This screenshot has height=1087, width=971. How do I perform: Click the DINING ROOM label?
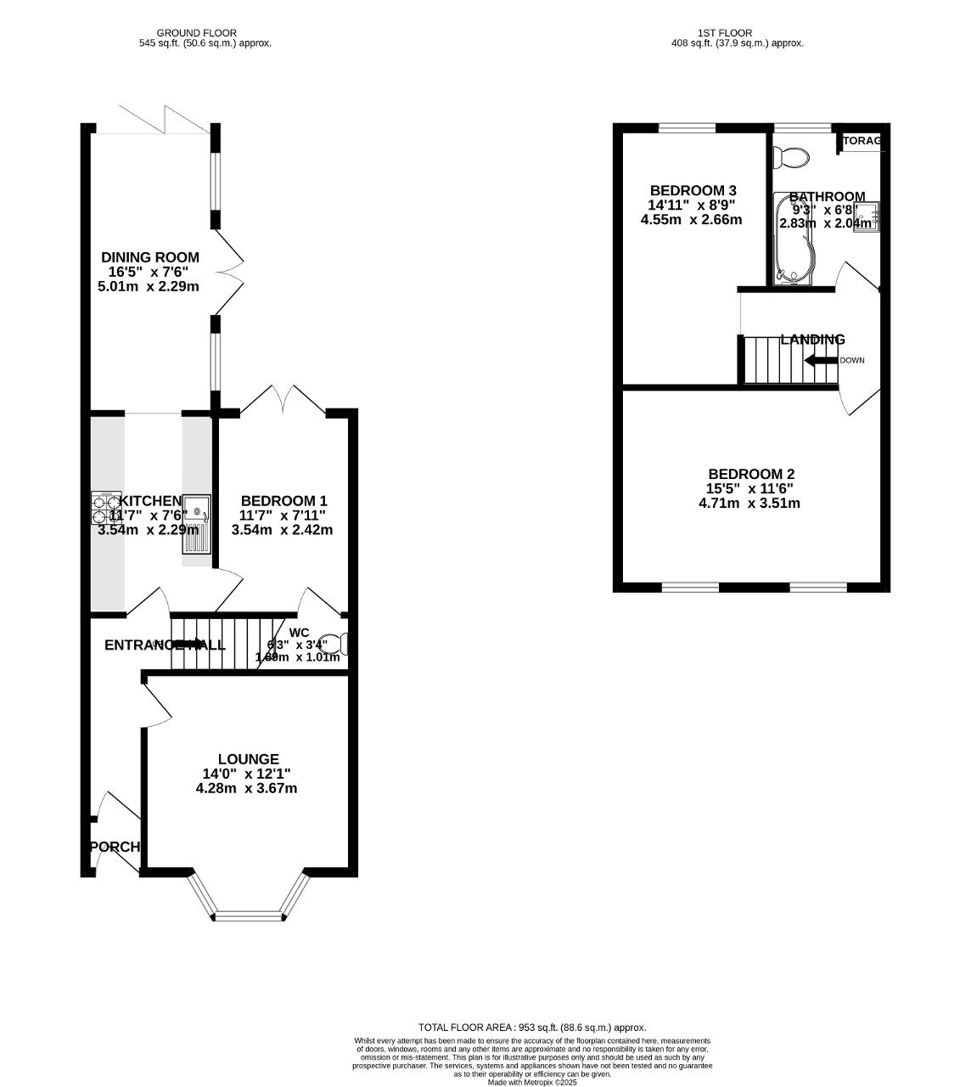point(150,257)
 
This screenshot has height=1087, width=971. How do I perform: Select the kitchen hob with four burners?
point(106,507)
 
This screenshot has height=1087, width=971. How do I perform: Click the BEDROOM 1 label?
point(283,501)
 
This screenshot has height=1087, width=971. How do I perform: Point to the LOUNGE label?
point(248,759)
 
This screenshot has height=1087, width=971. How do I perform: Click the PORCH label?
point(115,847)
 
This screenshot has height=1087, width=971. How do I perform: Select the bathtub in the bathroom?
point(793,239)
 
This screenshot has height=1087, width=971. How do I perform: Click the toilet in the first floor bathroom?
point(794,156)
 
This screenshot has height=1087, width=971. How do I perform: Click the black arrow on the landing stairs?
point(820,360)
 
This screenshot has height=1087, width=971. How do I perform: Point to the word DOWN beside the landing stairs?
point(852,360)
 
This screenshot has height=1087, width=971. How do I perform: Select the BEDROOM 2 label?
point(751,474)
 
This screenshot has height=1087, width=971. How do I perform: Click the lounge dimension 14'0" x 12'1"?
point(246,774)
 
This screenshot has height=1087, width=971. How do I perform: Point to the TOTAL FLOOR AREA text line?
point(532,1027)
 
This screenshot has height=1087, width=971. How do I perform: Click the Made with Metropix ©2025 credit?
point(532,1082)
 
